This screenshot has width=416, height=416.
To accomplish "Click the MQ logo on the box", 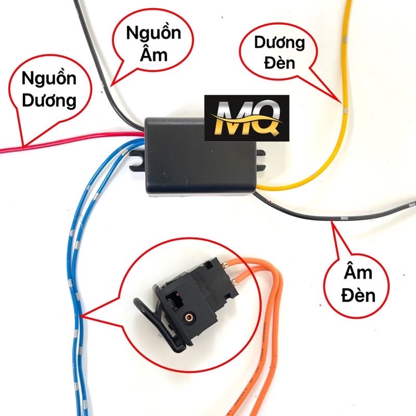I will pos(246,118).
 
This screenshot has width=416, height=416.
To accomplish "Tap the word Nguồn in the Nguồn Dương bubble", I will pos(49,80).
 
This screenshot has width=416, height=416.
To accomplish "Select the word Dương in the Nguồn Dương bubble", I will pos(49,100).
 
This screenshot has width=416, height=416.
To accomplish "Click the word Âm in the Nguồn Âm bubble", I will pos(153,54).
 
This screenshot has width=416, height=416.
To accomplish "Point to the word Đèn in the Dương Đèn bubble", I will pos(279,63).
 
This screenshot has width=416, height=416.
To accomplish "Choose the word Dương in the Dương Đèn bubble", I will pos(279,44).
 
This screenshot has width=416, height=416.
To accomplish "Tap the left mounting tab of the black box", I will pos(136,159).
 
